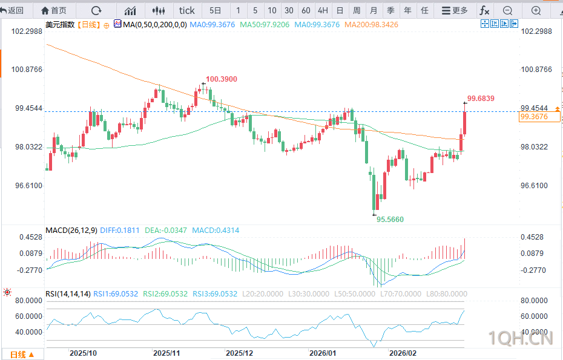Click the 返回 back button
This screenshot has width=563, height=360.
13,10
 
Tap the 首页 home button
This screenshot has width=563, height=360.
54,10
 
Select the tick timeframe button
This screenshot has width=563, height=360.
187,10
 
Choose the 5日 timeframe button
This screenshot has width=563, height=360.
216,10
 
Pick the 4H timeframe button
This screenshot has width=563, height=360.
323,10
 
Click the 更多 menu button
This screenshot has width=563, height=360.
455,10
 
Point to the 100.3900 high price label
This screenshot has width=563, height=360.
221,79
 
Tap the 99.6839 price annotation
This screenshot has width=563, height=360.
481,98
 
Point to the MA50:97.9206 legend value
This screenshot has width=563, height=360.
265,24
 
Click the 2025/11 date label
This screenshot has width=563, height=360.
167,353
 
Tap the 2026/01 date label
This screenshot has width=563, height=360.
322,353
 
